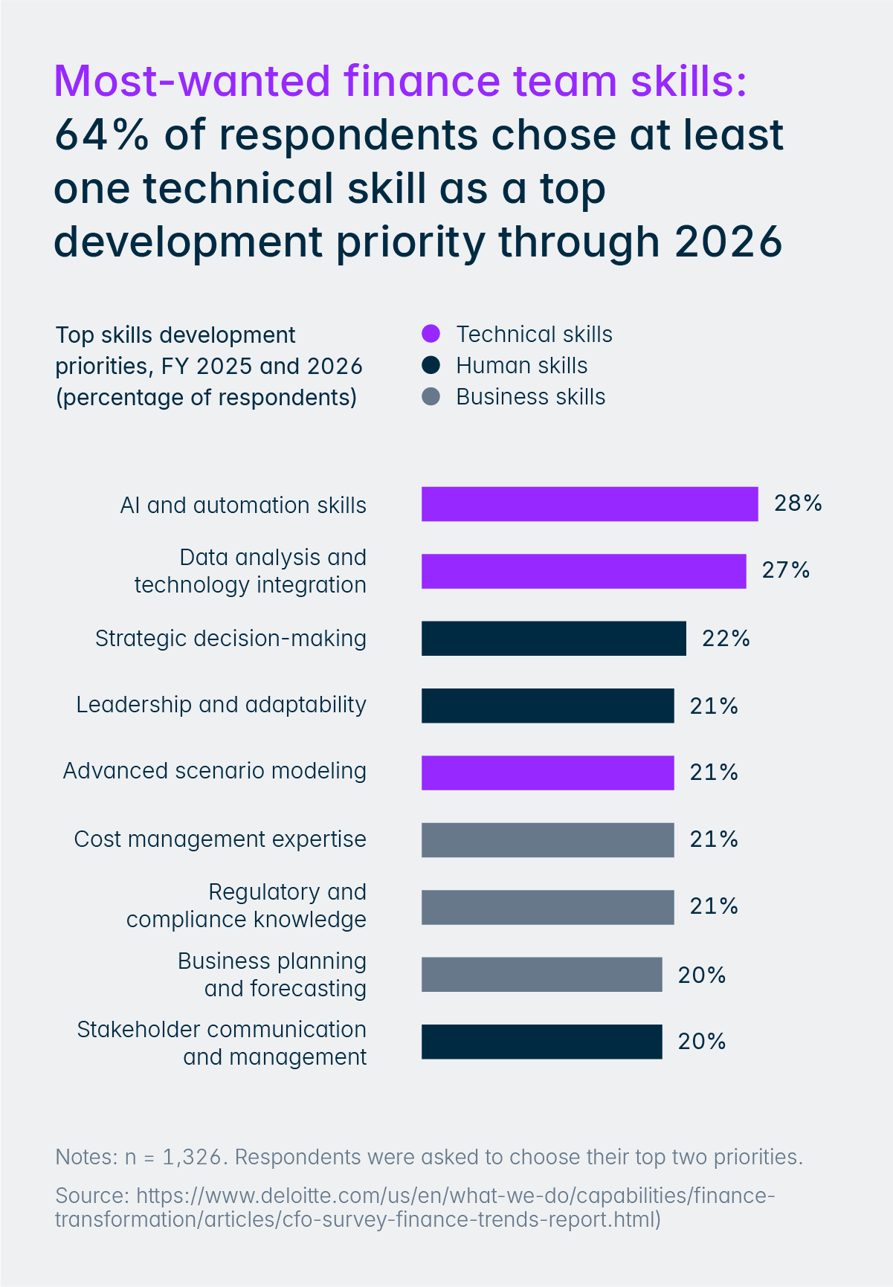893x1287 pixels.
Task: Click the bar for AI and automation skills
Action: click(589, 504)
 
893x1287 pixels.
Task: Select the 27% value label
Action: click(785, 570)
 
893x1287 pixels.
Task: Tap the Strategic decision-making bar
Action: click(553, 638)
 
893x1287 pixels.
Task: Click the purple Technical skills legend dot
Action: click(431, 335)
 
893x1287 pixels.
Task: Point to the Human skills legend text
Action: click(521, 366)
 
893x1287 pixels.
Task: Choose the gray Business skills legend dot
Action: click(431, 397)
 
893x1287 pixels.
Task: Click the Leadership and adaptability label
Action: click(221, 705)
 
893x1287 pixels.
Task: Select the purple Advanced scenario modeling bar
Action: click(547, 772)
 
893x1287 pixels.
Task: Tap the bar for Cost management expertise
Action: click(547, 839)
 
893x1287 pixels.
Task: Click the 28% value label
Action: click(798, 503)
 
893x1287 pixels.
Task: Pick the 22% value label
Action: click(726, 638)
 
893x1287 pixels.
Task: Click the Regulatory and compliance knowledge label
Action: click(246, 906)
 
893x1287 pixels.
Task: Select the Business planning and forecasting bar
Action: click(541, 974)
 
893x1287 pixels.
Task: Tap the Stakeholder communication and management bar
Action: click(541, 1041)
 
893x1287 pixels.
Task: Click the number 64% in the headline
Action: click(101, 135)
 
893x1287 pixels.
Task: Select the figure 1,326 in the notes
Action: click(192, 1158)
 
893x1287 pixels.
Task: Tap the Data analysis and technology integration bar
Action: click(583, 571)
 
